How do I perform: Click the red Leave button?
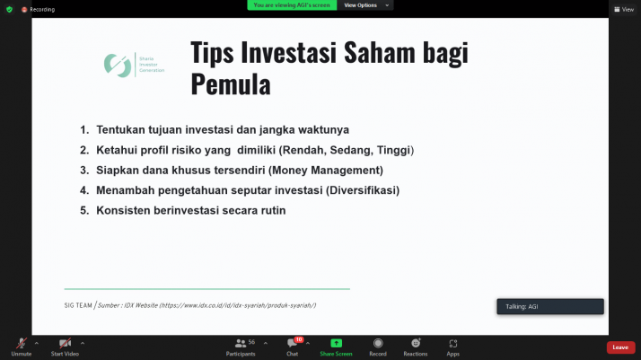click(620, 347)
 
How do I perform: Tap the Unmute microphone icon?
click(21, 343)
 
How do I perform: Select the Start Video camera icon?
click(65, 343)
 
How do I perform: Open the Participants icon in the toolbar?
click(240, 343)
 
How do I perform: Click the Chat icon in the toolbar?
click(292, 343)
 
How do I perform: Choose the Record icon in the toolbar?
click(378, 343)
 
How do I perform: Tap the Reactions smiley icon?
click(416, 343)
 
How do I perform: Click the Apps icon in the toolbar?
click(453, 343)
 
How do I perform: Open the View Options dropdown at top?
click(365, 5)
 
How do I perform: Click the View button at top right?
click(624, 9)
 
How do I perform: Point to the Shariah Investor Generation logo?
click(136, 65)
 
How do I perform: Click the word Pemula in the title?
click(231, 84)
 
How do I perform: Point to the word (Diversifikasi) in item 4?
click(363, 190)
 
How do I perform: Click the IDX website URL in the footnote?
click(237, 305)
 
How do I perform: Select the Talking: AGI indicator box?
click(549, 306)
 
